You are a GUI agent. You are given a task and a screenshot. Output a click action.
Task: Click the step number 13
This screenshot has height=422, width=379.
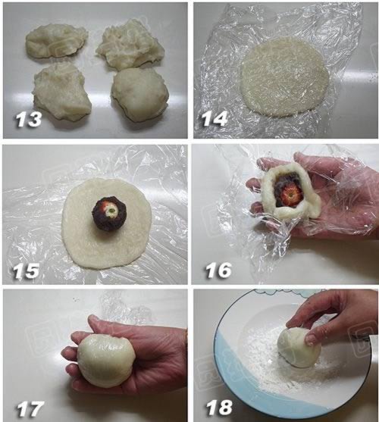(x=29, y=119)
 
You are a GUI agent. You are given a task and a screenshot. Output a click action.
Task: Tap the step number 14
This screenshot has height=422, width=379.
(x=215, y=119)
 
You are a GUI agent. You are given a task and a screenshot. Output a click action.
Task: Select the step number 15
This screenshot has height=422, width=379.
(x=26, y=270)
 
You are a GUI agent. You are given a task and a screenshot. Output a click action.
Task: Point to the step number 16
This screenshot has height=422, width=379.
(x=218, y=270)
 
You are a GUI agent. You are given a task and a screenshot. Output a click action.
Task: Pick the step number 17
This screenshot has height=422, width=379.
(x=30, y=409)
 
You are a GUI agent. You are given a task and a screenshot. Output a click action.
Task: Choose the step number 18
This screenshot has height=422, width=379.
(x=219, y=408)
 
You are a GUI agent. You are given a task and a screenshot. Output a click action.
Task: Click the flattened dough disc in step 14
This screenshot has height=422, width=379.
(x=285, y=77)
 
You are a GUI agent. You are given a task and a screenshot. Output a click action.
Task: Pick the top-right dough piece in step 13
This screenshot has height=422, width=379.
(x=130, y=45)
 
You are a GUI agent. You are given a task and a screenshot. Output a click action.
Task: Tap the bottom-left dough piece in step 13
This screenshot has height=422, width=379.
(x=62, y=90)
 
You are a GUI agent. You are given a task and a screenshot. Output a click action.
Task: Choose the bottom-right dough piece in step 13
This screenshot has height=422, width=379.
(x=140, y=94)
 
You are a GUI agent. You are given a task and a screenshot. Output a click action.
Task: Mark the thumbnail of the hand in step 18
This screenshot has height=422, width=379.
(x=310, y=339)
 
